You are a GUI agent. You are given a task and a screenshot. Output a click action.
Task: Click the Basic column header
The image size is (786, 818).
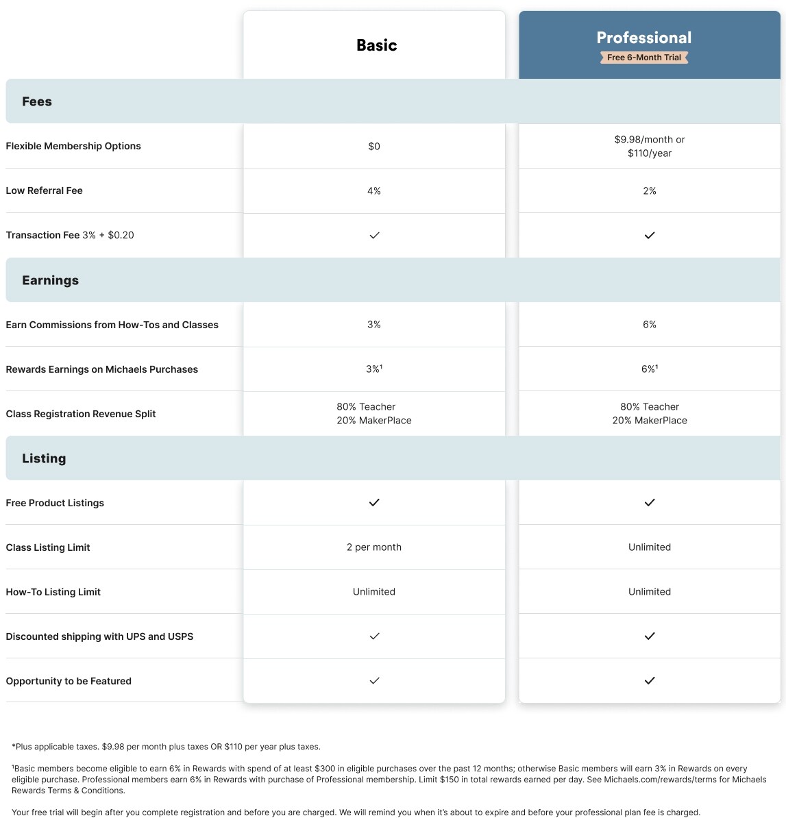(376, 45)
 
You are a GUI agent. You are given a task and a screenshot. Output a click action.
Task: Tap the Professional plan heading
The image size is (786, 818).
(643, 38)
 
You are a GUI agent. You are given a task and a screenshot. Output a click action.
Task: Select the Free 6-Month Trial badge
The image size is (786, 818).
(643, 58)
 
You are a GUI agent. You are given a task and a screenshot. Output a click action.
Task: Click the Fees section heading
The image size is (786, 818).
(37, 101)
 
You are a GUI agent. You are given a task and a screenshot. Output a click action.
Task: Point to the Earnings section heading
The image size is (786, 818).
(50, 280)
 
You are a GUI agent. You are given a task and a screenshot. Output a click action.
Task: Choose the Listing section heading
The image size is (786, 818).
(44, 458)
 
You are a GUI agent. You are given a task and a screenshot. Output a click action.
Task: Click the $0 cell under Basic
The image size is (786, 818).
(374, 146)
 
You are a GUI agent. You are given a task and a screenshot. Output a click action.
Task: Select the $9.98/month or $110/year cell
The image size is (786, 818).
(650, 146)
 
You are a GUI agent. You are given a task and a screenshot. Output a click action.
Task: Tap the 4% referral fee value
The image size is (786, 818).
(374, 190)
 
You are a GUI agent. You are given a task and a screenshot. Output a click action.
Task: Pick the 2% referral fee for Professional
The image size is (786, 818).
(650, 190)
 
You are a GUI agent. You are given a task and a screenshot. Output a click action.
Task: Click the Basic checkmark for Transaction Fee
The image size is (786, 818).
(374, 235)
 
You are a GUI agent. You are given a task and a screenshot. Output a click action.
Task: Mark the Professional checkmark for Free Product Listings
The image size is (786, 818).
(650, 502)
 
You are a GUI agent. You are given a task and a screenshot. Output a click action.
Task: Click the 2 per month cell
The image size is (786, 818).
(374, 547)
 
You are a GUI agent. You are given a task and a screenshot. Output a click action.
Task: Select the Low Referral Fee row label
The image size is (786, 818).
(44, 190)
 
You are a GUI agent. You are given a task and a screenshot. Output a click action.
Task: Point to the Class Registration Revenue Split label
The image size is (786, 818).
(81, 414)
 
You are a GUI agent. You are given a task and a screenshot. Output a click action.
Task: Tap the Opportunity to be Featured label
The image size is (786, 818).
(69, 681)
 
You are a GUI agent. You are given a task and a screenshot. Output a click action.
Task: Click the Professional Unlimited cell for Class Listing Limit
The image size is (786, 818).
(650, 547)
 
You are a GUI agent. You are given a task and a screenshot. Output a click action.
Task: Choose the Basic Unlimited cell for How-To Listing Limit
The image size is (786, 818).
(374, 591)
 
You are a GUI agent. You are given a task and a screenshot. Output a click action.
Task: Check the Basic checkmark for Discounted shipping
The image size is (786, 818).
(374, 636)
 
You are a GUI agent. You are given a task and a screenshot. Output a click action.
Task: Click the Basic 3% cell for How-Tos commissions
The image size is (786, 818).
(374, 324)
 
